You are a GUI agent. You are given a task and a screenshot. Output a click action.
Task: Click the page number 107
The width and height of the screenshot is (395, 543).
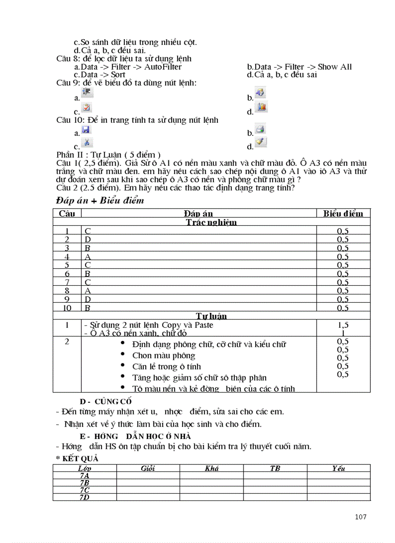(x=360, y=517)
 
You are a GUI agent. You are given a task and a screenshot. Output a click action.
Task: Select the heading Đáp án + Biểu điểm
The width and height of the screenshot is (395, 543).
(x=100, y=201)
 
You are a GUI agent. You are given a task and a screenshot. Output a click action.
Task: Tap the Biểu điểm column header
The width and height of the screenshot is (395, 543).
(x=343, y=213)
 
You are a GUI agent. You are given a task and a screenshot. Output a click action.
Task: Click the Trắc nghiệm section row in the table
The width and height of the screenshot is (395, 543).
(x=212, y=222)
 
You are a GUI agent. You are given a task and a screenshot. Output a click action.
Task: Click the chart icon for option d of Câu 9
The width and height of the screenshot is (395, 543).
(x=261, y=107)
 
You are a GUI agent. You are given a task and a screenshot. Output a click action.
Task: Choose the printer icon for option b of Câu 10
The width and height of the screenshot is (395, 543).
(x=260, y=129)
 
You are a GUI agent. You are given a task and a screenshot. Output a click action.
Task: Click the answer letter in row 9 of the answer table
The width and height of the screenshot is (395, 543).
(x=88, y=299)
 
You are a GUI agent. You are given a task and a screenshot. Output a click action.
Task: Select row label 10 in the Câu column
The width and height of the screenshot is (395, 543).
(x=67, y=308)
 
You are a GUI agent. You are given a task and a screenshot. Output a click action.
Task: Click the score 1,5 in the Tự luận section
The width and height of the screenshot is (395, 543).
(x=343, y=325)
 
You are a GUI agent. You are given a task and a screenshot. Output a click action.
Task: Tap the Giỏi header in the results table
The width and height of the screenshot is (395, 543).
(x=148, y=468)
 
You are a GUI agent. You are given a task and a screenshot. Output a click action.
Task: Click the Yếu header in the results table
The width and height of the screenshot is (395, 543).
(x=338, y=468)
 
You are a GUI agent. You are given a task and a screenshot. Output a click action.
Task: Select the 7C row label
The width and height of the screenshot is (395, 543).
(x=84, y=490)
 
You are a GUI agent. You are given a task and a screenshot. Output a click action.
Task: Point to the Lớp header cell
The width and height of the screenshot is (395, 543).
(x=84, y=468)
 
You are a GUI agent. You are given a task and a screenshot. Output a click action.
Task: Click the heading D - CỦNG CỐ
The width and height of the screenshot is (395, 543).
(x=106, y=401)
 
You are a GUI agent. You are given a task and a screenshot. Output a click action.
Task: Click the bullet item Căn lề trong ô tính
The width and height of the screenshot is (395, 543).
(x=167, y=367)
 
